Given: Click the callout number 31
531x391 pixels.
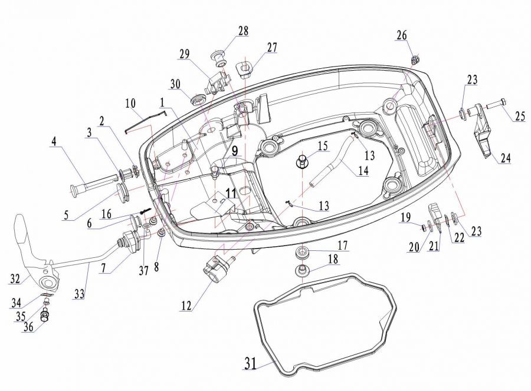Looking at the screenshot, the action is coord(250,364).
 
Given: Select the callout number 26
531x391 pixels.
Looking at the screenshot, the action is coord(402,35).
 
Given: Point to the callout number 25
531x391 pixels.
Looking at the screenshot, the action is coord(520,116).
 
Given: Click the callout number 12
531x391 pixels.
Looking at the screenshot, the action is coord(186,305).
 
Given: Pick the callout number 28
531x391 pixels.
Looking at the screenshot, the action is coord(243,31).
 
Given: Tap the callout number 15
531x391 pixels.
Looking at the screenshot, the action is coord(323,145).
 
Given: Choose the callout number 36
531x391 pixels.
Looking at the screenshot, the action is coord(29,327).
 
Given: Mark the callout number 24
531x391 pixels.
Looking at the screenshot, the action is coord(505,157).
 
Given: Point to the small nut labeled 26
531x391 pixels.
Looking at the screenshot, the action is coord(414,60).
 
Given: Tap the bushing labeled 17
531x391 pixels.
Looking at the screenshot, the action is coord(301,253).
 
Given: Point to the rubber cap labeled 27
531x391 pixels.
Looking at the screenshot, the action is coord(245,68).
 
